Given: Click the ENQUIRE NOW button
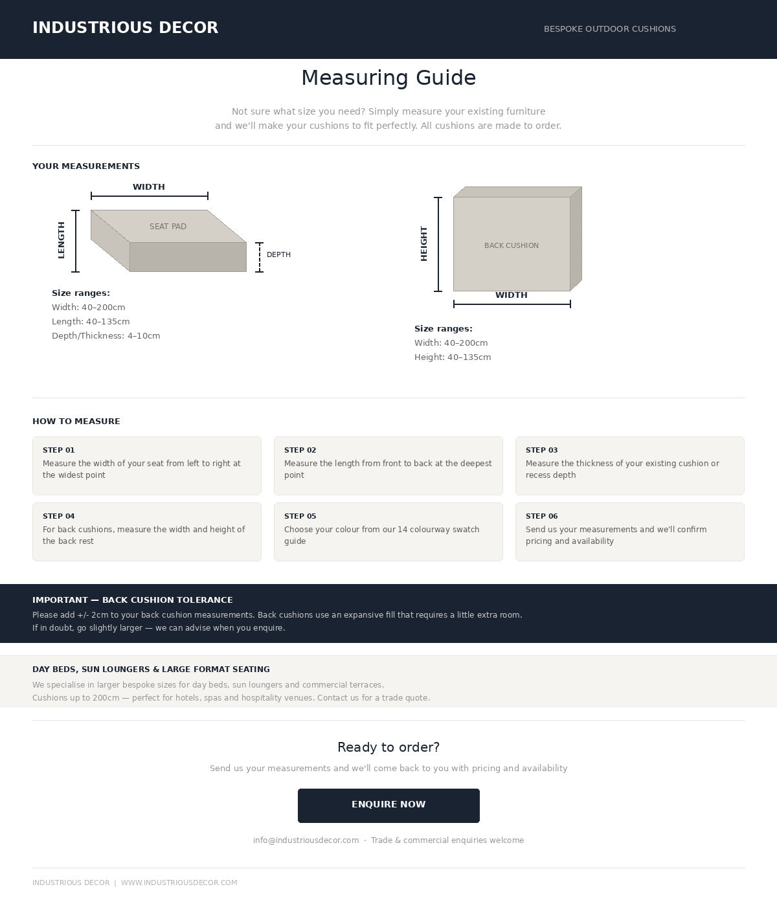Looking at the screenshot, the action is [388, 805].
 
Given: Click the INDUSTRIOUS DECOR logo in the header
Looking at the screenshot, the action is [126, 27].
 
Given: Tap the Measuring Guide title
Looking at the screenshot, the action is [388, 78].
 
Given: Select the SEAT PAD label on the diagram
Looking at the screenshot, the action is [168, 227].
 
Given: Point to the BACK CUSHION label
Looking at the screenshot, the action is [512, 245].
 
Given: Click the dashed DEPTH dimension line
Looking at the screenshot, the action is [260, 257].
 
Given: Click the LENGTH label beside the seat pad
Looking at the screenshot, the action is [62, 240].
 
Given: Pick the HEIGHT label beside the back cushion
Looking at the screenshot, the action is [423, 244].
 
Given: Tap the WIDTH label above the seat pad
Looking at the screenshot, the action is [149, 186].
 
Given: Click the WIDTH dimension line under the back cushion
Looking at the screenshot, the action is [512, 304].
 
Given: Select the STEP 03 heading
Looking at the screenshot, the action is [541, 450].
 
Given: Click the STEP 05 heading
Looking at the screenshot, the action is [300, 516].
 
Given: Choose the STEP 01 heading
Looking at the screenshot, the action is [59, 450].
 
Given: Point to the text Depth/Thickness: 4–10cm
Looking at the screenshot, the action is [106, 335].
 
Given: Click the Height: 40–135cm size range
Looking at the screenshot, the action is [453, 357].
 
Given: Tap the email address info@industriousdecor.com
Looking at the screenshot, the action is [306, 840].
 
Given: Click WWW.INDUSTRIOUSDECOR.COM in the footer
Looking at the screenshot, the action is [179, 883].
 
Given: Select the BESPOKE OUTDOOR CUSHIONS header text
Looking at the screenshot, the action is [610, 28].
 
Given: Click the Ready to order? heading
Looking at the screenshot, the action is [388, 747].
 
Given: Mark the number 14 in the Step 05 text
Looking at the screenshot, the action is [403, 530].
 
